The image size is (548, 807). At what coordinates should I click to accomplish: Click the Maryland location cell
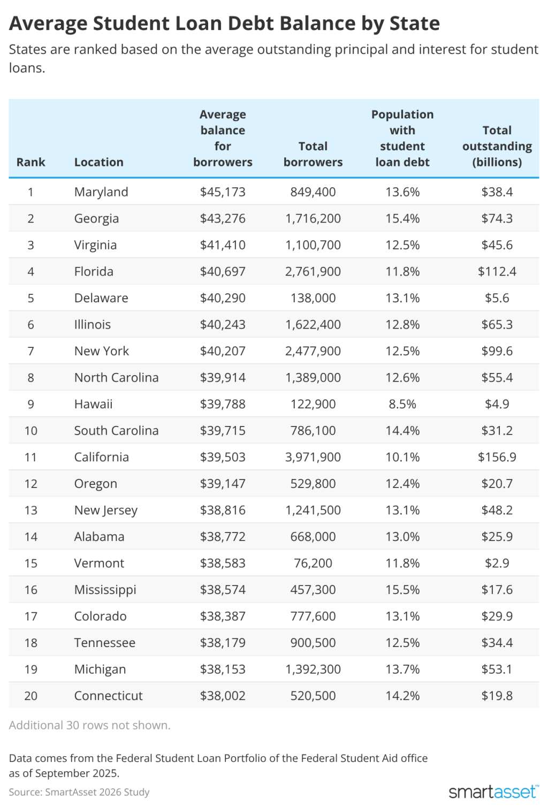[101, 192]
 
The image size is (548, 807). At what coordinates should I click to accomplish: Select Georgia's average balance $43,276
[223, 218]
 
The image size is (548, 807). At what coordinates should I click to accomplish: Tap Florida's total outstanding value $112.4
[497, 271]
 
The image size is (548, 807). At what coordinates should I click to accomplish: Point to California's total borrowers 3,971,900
[313, 457]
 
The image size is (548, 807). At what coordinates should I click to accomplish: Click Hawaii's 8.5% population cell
[402, 404]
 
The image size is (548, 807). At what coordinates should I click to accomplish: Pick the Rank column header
[31, 162]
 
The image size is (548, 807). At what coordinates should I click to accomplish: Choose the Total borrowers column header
[313, 154]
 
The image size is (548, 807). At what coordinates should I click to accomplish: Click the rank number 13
[31, 510]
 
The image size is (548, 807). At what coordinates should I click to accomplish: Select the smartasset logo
[493, 791]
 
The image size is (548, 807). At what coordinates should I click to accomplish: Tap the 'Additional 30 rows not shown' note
[90, 725]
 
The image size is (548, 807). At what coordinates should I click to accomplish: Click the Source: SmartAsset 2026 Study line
[79, 792]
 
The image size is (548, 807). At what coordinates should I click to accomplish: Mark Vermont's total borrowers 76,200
[313, 563]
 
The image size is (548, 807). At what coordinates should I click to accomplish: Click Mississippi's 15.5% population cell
[402, 590]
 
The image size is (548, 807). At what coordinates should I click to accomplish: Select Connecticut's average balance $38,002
[223, 696]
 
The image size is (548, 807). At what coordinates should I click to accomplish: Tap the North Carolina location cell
[116, 377]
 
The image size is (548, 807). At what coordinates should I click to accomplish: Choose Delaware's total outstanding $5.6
[497, 298]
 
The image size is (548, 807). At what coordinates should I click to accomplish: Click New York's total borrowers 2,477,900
[313, 351]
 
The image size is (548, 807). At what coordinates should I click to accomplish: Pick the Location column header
[99, 162]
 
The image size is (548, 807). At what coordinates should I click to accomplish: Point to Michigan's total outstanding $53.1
[497, 669]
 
